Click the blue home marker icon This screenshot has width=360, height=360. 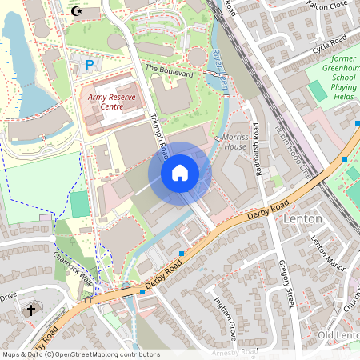click(180, 172)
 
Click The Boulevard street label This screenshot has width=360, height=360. click(169, 72)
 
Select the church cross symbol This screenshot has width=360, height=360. click(32, 309)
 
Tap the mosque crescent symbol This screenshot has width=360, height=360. click(77, 11)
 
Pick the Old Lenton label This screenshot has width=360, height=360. click(337, 334)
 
